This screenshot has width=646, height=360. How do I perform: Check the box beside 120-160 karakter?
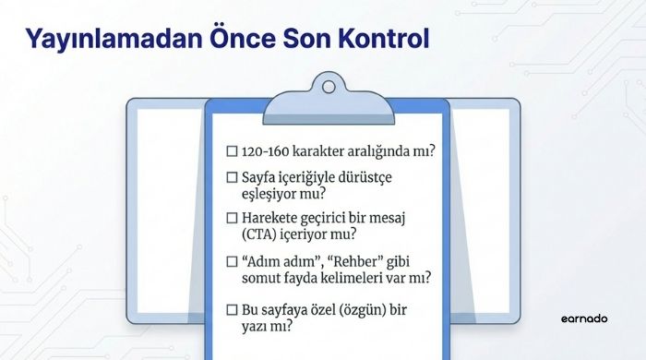(x=232, y=150)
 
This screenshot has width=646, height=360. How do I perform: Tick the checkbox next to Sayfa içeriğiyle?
(x=232, y=175)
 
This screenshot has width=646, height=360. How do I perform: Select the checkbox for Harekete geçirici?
(x=232, y=218)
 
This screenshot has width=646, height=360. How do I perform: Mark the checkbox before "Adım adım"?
(x=232, y=260)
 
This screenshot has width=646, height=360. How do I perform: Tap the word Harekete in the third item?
(x=271, y=218)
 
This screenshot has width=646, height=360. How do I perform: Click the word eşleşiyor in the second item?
(x=271, y=192)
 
